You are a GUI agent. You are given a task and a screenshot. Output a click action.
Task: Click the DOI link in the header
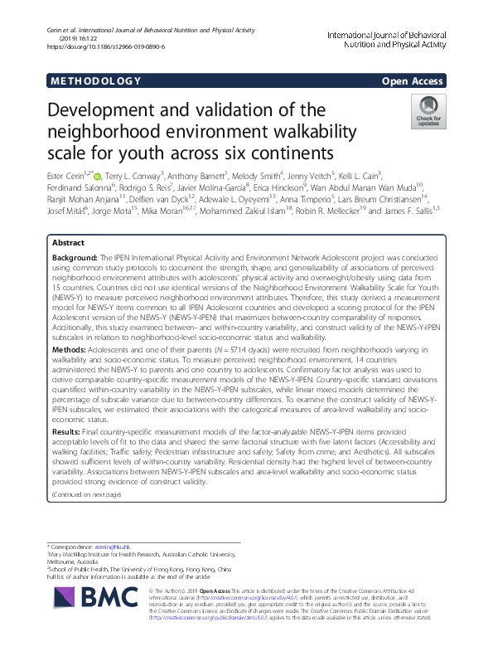(x=106, y=46)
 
